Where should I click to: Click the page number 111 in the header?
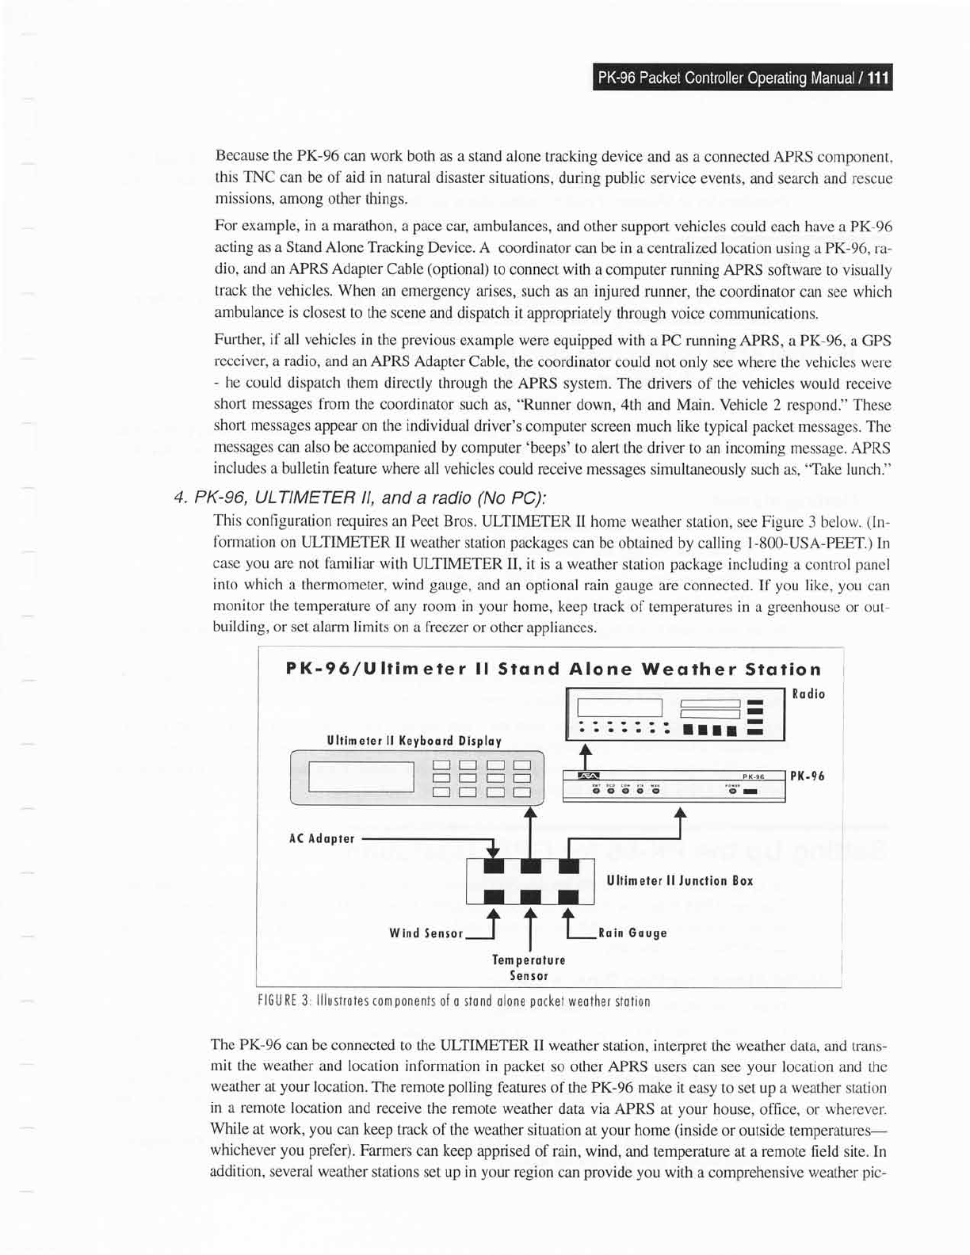[x=878, y=78]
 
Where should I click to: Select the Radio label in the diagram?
[x=808, y=694]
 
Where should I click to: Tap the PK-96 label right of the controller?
[x=808, y=776]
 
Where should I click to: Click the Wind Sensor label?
[x=426, y=933]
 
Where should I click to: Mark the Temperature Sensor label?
[x=529, y=967]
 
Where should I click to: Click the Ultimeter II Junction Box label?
[x=679, y=880]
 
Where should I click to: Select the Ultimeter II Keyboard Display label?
[x=414, y=741]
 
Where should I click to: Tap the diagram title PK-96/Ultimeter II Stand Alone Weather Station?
[x=552, y=669]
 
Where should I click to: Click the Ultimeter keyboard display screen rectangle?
[x=361, y=776]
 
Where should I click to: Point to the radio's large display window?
[x=620, y=707]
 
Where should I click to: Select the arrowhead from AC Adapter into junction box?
[x=493, y=853]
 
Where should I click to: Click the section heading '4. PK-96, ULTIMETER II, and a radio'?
[x=361, y=498]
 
